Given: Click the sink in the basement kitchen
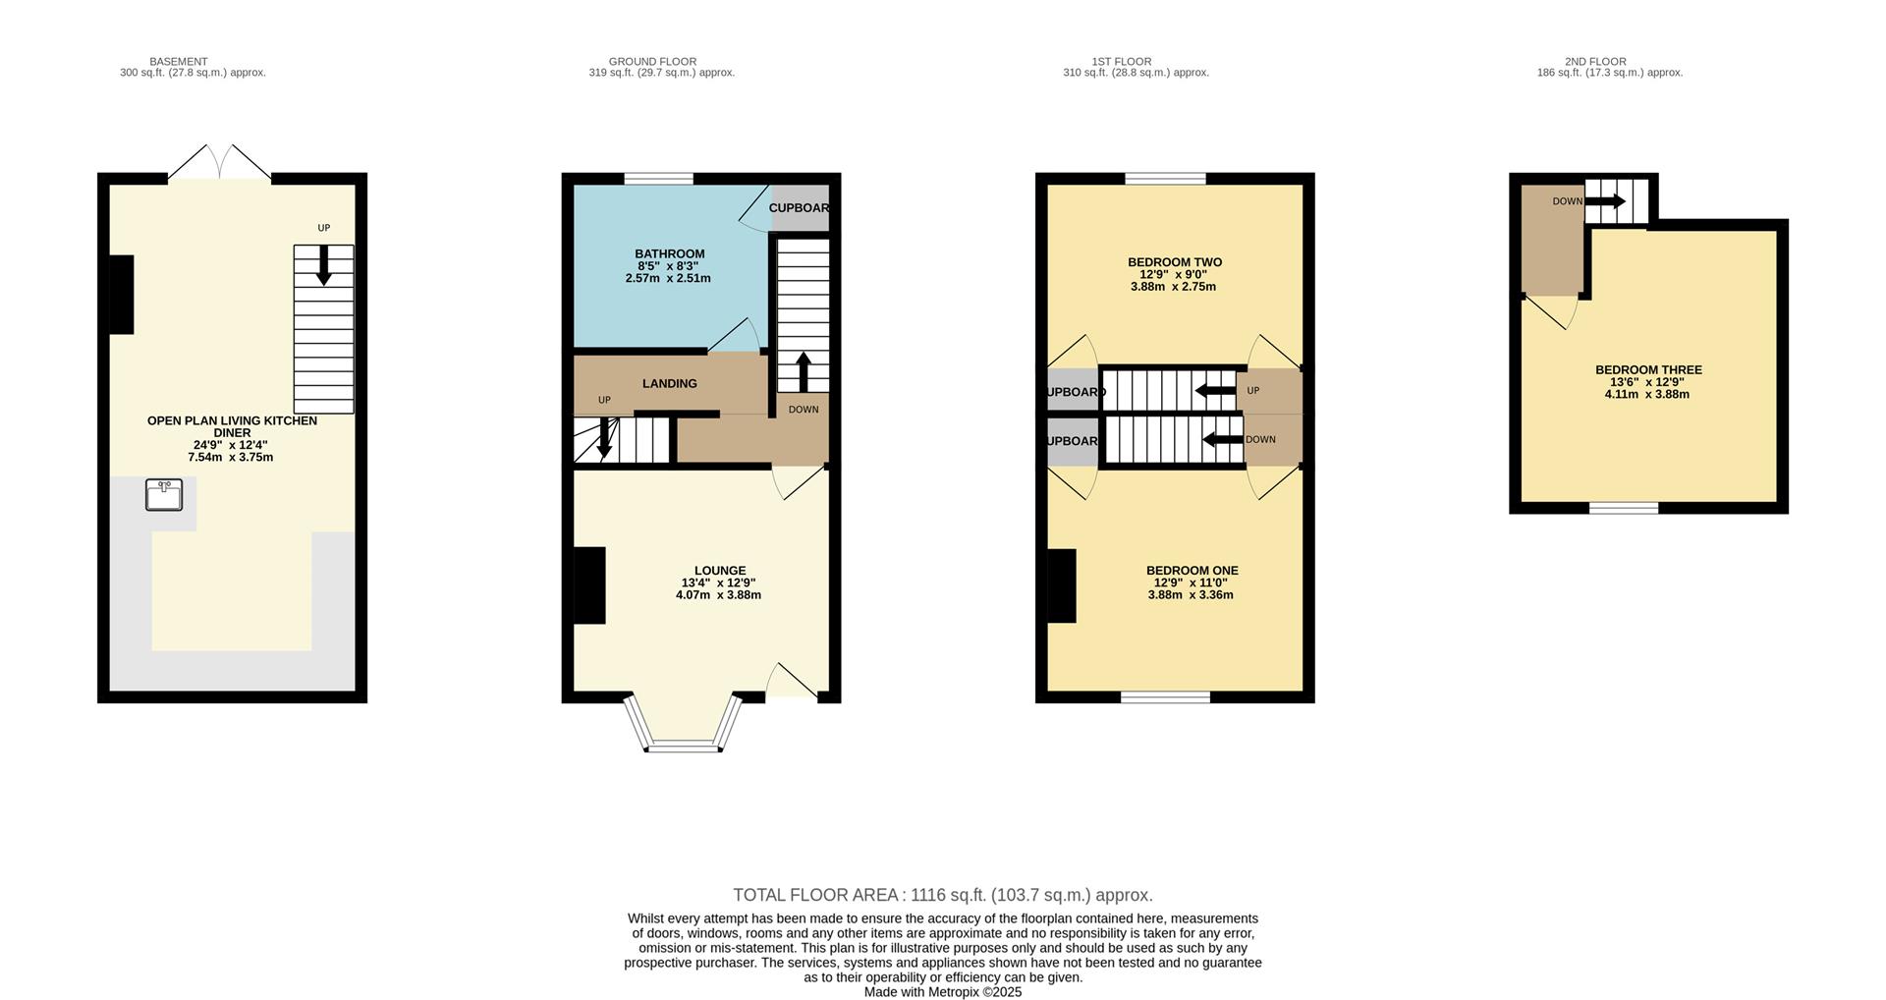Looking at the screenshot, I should (164, 494).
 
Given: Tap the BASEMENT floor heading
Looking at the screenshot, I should (178, 61).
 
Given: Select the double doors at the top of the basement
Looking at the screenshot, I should (219, 163).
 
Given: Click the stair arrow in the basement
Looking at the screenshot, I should (323, 265).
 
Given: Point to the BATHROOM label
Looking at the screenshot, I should (669, 253).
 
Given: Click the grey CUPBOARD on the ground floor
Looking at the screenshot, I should (800, 208).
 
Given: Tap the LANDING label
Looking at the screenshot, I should (670, 383).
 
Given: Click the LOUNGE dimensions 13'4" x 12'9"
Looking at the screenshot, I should (718, 583).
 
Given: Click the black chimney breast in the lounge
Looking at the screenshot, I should (589, 584).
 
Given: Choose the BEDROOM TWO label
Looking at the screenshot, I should (1174, 262).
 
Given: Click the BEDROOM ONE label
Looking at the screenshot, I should (1192, 571).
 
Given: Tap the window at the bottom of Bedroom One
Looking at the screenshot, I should (1165, 697).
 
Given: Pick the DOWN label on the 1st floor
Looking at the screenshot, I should (1260, 439).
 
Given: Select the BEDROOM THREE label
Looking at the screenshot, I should (1648, 370).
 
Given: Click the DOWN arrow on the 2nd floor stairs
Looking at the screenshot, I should (1605, 201).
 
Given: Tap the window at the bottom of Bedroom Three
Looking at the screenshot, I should (1624, 508).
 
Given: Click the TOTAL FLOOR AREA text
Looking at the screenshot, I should (942, 895).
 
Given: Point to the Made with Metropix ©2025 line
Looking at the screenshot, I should (942, 992).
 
